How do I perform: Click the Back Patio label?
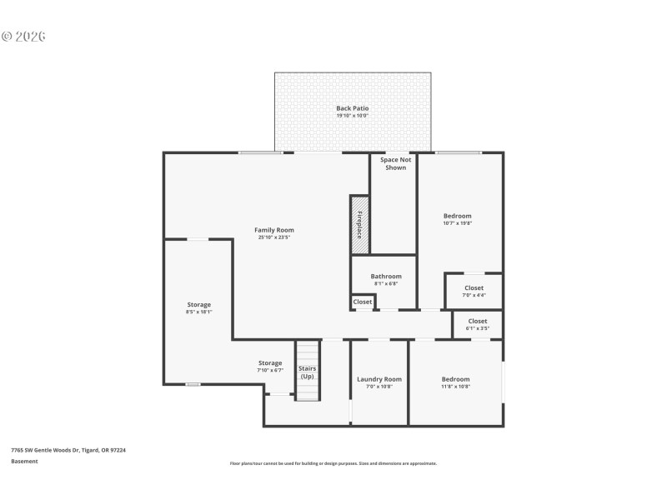[x=352, y=108]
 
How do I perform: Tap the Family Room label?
[x=273, y=230]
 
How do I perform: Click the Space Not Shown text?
[x=395, y=163]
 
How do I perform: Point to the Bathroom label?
[x=386, y=276]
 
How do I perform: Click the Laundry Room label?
[x=379, y=379]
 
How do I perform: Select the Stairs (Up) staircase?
[x=308, y=371]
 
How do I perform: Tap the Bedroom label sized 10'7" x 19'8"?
[x=457, y=216]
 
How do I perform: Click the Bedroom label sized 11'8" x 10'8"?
[x=455, y=379]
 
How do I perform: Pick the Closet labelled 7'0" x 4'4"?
[x=474, y=288]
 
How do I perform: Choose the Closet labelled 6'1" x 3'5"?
[x=477, y=321]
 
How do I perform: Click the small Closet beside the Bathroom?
[x=363, y=302]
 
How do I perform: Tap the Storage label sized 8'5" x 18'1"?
[x=198, y=305]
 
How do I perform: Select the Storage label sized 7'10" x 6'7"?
[x=269, y=362]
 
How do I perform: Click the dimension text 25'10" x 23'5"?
[x=273, y=237]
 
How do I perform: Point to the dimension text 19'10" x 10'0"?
[x=352, y=116]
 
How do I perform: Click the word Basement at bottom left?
[x=24, y=461]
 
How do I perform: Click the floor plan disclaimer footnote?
[x=333, y=463]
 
